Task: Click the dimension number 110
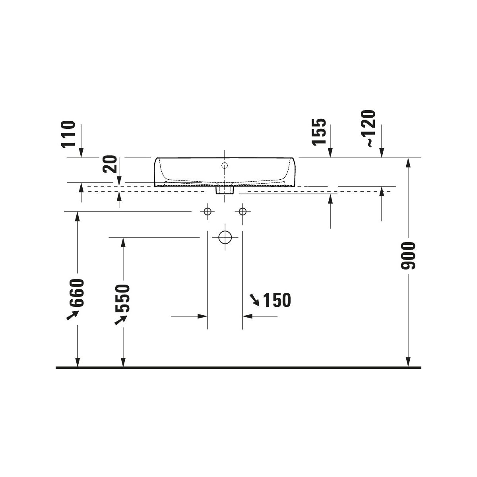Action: pyautogui.click(x=68, y=134)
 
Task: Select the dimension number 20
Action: pyautogui.click(x=110, y=164)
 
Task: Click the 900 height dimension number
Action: pyautogui.click(x=408, y=256)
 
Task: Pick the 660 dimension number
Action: pyautogui.click(x=77, y=293)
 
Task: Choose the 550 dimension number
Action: pyautogui.click(x=122, y=299)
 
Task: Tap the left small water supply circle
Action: pyautogui.click(x=207, y=211)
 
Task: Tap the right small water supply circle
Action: pyautogui.click(x=242, y=211)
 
